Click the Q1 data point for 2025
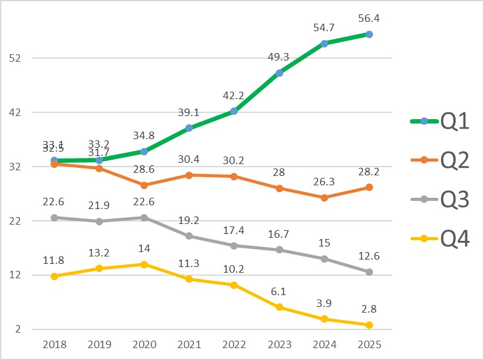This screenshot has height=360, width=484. (369, 34)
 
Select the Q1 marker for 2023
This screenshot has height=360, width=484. (279, 73)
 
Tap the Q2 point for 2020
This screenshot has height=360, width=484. (144, 185)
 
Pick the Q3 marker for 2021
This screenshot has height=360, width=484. (189, 236)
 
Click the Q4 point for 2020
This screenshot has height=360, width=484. (144, 264)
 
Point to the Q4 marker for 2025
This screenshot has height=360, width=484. (369, 325)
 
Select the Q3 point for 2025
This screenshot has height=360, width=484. (369, 272)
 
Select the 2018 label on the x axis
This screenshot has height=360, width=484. (54, 344)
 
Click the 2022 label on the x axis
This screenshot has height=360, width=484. (234, 344)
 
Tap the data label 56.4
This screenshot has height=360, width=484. (369, 17)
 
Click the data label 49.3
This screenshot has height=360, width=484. (279, 56)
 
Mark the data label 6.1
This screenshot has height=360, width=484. (279, 290)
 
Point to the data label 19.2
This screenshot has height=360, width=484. (189, 220)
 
